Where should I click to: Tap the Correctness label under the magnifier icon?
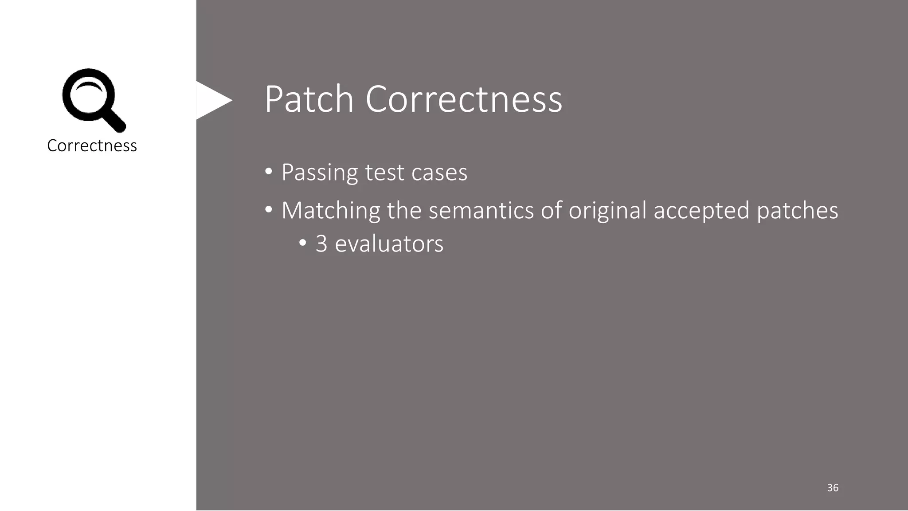click(x=92, y=145)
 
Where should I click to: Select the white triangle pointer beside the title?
click(x=212, y=100)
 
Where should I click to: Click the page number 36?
click(x=832, y=488)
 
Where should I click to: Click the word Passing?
click(x=319, y=173)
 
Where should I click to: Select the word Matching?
click(x=331, y=210)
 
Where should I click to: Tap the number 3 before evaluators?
click(x=321, y=244)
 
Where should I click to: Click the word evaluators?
click(x=389, y=244)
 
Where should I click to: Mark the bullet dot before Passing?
click(x=268, y=171)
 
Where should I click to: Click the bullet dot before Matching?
click(x=268, y=209)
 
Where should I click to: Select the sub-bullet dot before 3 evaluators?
click(x=302, y=243)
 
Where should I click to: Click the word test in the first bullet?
click(x=384, y=173)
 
